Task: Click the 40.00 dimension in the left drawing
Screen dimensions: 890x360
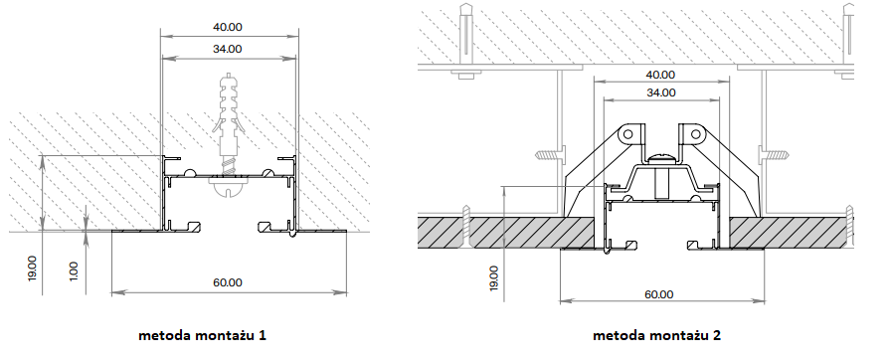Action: pos(227,27)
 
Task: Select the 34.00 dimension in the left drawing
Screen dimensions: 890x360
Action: pos(227,50)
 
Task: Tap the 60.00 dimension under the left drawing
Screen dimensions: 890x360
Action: pos(228,282)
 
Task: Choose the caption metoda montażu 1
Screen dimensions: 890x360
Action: pos(202,335)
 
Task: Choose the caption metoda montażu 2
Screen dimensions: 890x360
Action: pos(656,335)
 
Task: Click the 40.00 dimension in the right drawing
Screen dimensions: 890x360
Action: pos(660,75)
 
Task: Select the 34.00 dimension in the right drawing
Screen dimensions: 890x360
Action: pos(661,92)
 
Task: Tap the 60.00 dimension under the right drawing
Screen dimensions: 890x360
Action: pos(659,294)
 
